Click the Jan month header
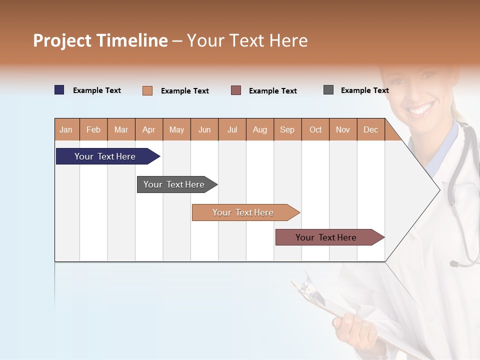66,129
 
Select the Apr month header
149,129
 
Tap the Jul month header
232,129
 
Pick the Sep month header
287,129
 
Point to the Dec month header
370,129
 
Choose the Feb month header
93,129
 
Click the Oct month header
315,129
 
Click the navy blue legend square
59,90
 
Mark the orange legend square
147,90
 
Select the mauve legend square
236,90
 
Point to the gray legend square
328,90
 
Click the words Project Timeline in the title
100,40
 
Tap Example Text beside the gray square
364,90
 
